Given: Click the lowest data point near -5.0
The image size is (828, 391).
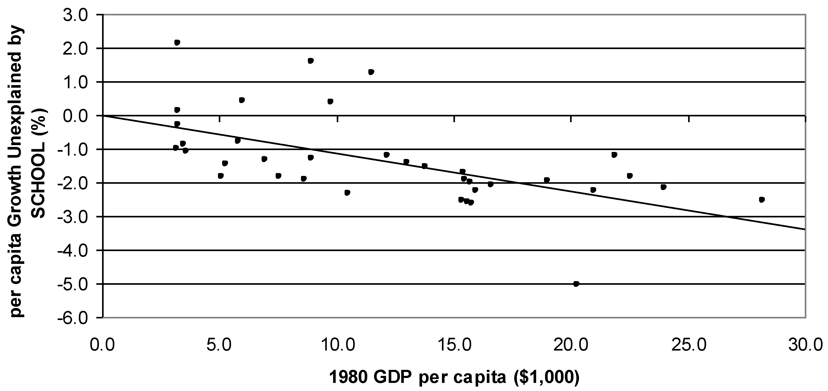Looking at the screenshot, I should [x=576, y=284].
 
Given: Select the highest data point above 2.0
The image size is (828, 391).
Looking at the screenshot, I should [x=177, y=42].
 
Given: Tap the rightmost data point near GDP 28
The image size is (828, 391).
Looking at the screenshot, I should [x=761, y=199].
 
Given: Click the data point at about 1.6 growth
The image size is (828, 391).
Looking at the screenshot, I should [x=311, y=61].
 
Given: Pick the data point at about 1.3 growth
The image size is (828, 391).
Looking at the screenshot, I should [x=371, y=72].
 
